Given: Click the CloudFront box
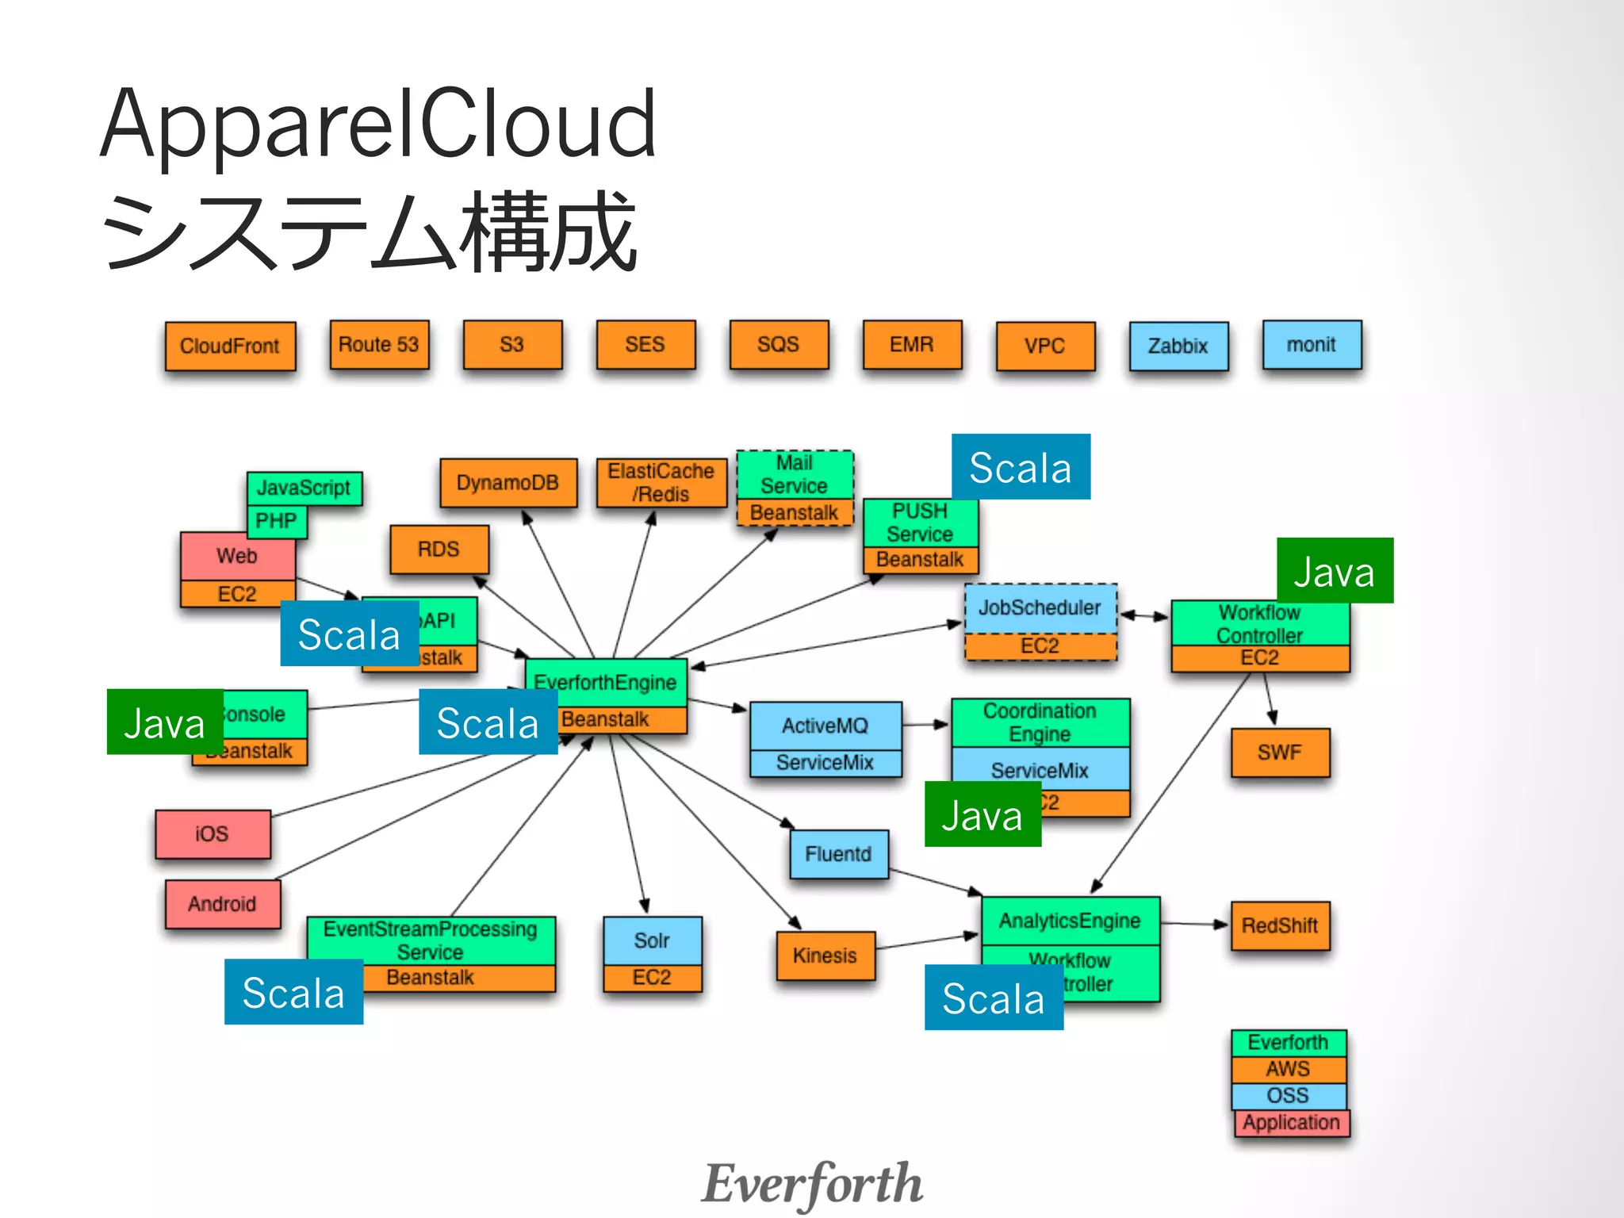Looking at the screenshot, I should click(230, 346).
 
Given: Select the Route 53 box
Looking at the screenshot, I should click(379, 344).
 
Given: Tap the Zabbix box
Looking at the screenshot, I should click(1178, 346).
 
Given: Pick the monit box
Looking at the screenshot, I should click(1312, 344).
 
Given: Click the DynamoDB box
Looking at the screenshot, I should click(508, 482).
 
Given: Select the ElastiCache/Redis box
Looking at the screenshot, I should click(661, 482).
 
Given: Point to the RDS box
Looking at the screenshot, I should click(439, 549).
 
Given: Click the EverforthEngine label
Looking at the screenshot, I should click(606, 682).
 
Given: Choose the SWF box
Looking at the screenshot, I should click(1279, 752).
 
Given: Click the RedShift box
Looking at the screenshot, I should click(1279, 925).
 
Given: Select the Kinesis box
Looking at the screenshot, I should click(825, 956).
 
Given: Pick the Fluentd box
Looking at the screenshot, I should click(838, 854).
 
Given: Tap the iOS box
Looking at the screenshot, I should click(213, 834).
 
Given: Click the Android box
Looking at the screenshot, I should click(222, 904).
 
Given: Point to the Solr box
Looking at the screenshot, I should click(652, 940).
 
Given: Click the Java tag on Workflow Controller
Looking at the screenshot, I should click(1335, 571).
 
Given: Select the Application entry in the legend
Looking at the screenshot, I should click(1291, 1123).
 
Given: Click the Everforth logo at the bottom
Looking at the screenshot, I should click(812, 1183).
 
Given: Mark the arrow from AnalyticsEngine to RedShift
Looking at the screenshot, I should click(1194, 924).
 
